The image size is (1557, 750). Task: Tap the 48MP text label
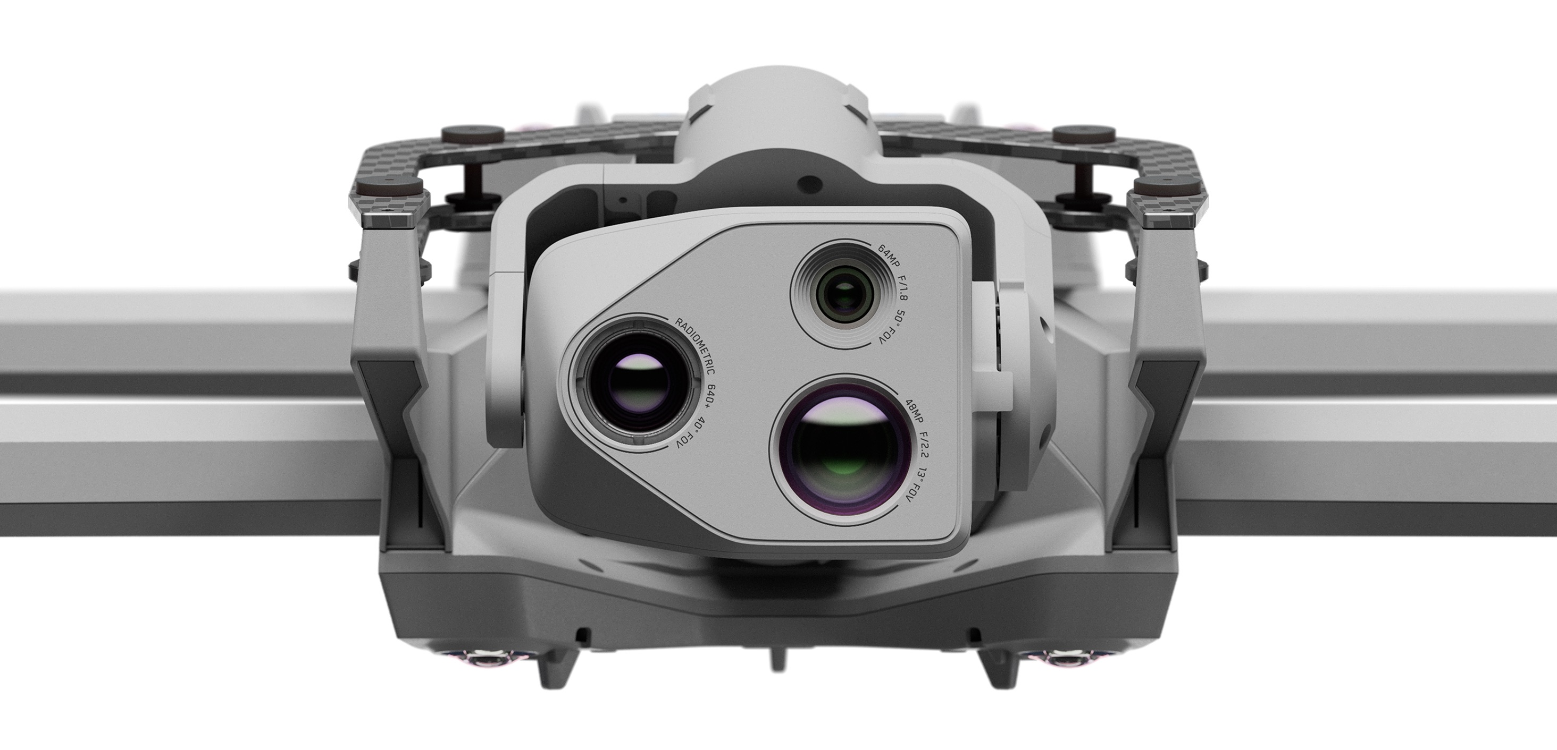913,411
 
